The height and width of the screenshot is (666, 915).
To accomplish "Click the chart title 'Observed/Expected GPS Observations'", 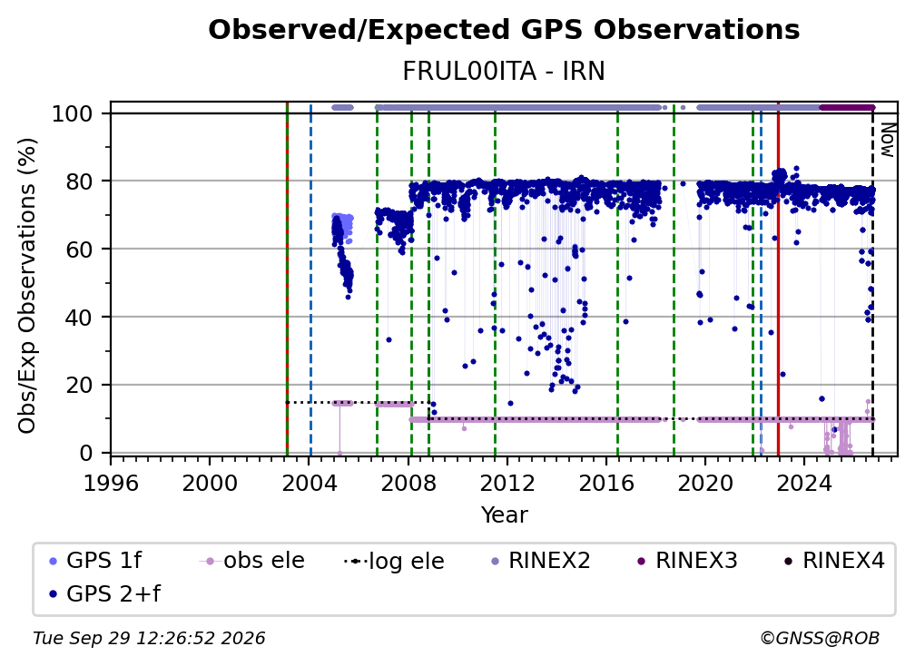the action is pyautogui.click(x=504, y=30).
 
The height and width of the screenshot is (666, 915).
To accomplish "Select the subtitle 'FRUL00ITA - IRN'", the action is pyautogui.click(x=504, y=71).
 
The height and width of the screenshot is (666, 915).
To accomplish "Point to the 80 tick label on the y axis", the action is pyautogui.click(x=78, y=181).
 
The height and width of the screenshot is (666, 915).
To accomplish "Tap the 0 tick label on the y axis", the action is pyautogui.click(x=85, y=453).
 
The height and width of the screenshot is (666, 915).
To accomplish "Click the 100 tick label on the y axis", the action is pyautogui.click(x=72, y=113).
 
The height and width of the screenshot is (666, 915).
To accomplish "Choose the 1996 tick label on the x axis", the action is pyautogui.click(x=111, y=483).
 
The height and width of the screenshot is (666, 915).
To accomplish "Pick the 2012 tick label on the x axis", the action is pyautogui.click(x=507, y=483).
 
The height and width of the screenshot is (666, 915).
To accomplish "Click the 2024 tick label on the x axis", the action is pyautogui.click(x=803, y=483).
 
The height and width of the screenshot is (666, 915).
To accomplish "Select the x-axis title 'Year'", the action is pyautogui.click(x=504, y=515).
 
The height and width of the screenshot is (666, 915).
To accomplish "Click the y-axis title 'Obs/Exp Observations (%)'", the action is pyautogui.click(x=27, y=286).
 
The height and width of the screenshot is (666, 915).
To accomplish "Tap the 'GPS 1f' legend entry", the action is pyautogui.click(x=95, y=561).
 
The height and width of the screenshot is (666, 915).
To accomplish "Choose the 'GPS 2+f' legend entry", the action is pyautogui.click(x=104, y=593).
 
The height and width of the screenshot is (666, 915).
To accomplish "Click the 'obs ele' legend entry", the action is pyautogui.click(x=252, y=561).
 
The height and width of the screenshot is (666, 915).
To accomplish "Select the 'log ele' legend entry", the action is pyautogui.click(x=395, y=561).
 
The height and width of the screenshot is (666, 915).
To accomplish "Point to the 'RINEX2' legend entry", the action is pyautogui.click(x=540, y=561).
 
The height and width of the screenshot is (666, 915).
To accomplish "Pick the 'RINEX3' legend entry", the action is pyautogui.click(x=687, y=561).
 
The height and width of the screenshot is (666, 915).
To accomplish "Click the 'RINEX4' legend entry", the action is pyautogui.click(x=834, y=561).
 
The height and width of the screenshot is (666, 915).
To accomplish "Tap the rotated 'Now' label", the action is pyautogui.click(x=888, y=140).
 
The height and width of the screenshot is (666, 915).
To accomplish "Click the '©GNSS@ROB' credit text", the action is pyautogui.click(x=820, y=638).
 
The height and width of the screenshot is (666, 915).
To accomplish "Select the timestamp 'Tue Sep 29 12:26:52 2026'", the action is pyautogui.click(x=149, y=638).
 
